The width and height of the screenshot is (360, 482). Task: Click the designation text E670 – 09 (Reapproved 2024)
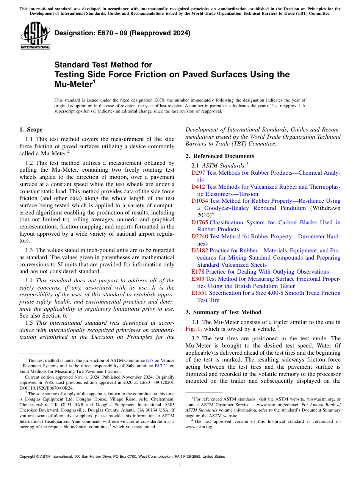pyautogui.click(x=122, y=33)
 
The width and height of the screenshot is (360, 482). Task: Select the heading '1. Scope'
pyautogui.click(x=31, y=130)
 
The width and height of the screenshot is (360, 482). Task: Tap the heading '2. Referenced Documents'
pyautogui.click(x=220, y=156)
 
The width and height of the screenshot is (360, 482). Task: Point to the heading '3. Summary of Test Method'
pyautogui.click(x=223, y=312)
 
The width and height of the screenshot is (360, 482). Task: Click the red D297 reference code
pyautogui.click(x=198, y=173)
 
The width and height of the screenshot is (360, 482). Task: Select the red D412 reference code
pyautogui.click(x=198, y=187)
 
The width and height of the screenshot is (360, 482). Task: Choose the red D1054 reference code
pyautogui.click(x=199, y=201)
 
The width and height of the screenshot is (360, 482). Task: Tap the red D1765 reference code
pyautogui.click(x=199, y=222)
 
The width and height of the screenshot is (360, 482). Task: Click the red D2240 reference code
pyautogui.click(x=199, y=236)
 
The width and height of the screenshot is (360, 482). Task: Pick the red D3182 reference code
pyautogui.click(x=199, y=250)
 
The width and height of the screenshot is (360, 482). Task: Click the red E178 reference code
pyautogui.click(x=197, y=272)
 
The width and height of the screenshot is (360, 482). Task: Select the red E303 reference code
pyautogui.click(x=197, y=279)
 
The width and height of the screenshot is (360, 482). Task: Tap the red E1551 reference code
pyautogui.click(x=199, y=293)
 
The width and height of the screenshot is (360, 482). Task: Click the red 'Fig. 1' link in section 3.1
pyautogui.click(x=193, y=329)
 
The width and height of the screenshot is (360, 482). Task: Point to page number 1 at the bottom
pyautogui.click(x=180, y=465)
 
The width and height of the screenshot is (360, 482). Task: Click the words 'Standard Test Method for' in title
pyautogui.click(x=103, y=65)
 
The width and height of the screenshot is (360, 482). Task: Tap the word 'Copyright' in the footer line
pyautogui.click(x=28, y=457)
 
